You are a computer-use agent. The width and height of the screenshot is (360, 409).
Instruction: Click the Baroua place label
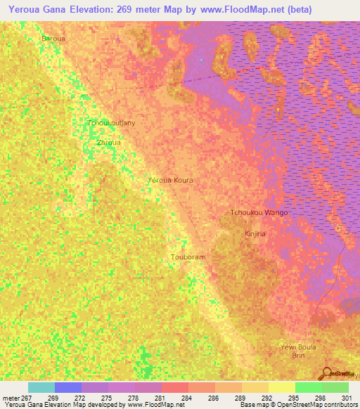pos(53,39)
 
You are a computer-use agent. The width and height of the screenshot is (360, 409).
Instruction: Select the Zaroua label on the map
pos(108,142)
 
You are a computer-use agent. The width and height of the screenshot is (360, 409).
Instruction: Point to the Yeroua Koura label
pos(170,181)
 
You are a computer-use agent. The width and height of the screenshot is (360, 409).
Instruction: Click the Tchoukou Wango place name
pos(259,212)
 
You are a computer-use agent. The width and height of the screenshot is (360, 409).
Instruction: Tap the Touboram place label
pos(188,257)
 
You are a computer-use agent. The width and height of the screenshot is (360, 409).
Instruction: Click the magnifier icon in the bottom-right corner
pos(327,372)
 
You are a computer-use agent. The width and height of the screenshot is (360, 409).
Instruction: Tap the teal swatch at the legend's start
pos(41,387)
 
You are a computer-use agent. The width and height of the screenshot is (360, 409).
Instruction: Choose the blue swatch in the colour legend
pos(68,387)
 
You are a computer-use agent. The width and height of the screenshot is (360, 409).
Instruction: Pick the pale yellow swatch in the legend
pos(281,387)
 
